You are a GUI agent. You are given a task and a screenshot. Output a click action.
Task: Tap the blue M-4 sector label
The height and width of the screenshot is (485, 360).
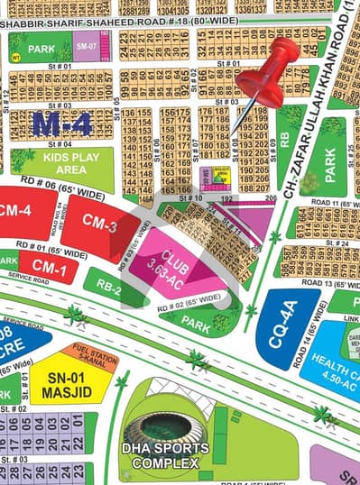tap(61, 124)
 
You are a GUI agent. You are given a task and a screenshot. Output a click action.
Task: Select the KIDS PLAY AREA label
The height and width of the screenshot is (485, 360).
tap(64, 166)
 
